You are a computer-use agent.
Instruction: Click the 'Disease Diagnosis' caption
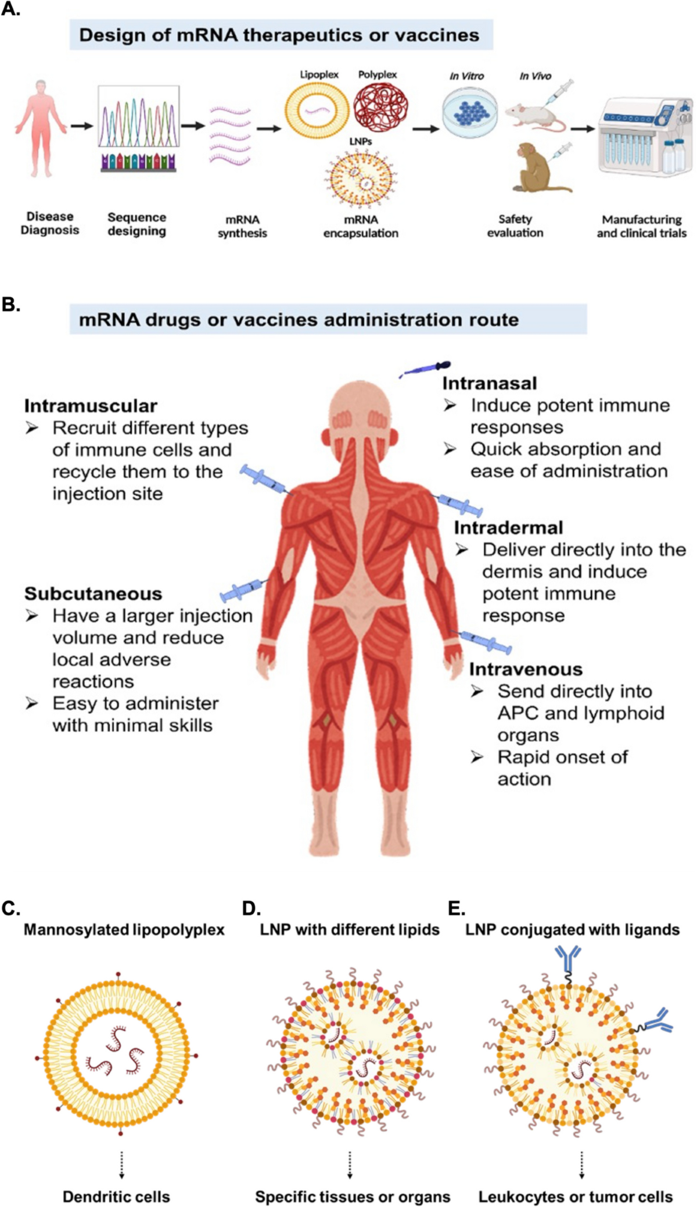point(50,224)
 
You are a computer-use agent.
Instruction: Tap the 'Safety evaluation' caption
point(515,226)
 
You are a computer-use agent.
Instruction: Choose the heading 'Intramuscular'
point(91,406)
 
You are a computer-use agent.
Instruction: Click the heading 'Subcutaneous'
point(93,594)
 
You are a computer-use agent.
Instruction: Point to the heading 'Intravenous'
point(526,670)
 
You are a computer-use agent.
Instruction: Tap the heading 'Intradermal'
point(509,528)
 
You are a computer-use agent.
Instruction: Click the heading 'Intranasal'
point(490,384)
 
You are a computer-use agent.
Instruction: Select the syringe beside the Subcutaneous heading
point(243,590)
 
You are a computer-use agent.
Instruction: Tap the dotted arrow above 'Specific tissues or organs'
point(350,1165)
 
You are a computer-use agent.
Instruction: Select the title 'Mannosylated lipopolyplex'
point(124,930)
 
